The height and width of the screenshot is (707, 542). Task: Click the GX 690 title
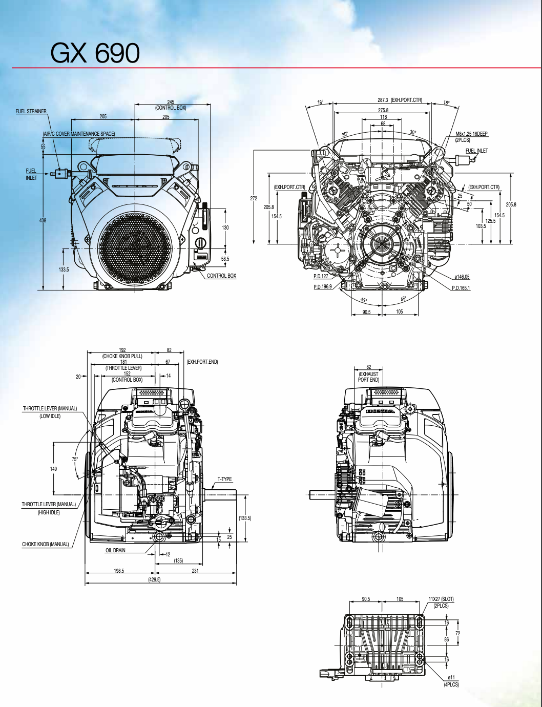pos(95,53)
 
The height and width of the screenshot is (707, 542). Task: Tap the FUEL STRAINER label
pos(31,111)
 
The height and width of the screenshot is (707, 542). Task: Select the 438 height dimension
pos(43,220)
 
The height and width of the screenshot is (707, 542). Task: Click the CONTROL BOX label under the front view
pos(221,276)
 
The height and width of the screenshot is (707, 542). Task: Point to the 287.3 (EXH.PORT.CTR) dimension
pos(400,100)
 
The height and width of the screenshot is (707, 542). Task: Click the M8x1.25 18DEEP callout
pos(471,134)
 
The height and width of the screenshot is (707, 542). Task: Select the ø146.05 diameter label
pos(462,277)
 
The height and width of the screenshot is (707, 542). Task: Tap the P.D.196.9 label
pos(323,287)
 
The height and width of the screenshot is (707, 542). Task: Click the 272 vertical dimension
pos(254,198)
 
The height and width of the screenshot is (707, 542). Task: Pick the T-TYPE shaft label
pos(224,480)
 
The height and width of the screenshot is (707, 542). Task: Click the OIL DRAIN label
pos(115,550)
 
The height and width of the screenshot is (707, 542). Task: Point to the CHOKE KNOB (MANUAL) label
pos(45,544)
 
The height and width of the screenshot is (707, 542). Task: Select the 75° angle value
pos(75,459)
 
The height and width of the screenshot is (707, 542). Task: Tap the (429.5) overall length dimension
pos(154,579)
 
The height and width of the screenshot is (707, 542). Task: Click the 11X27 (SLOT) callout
pos(441,599)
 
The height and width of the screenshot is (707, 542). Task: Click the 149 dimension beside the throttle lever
pos(53,469)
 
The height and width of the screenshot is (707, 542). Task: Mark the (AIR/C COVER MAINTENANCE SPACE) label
pos(79,134)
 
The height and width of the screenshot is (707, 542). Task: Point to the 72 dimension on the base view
pos(457,633)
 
